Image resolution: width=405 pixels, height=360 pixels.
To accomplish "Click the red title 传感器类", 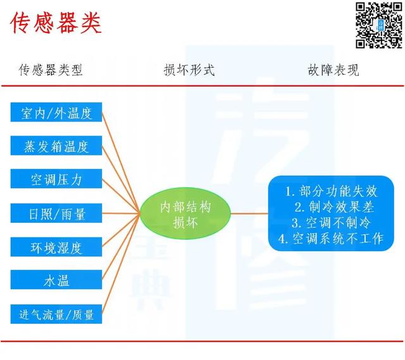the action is [56, 23].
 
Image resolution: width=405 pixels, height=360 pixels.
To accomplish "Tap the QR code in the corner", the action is [378, 25].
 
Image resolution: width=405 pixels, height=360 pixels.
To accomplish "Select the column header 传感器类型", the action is [51, 70].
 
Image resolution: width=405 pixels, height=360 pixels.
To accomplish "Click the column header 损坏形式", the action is [189, 70].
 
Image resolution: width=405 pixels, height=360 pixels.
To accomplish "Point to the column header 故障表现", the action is [333, 70].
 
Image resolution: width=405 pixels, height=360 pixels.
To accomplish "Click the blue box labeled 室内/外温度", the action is [56, 112].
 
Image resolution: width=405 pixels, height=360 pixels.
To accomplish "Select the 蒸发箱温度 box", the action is [56, 146].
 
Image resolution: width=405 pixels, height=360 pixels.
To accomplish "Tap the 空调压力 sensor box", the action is [56, 178].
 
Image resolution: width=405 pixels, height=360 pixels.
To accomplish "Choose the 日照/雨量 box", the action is [56, 213].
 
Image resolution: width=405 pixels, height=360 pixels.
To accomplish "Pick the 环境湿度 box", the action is [56, 247].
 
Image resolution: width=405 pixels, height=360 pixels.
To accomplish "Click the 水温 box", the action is [56, 280].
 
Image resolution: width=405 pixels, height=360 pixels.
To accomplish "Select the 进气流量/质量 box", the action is [56, 314].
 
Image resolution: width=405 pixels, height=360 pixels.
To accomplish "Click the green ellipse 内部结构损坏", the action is [185, 213].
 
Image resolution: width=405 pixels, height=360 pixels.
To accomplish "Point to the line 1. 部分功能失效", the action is [332, 191].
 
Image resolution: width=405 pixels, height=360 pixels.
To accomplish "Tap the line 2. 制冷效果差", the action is [334, 207].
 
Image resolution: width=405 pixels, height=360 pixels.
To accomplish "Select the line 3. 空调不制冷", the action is [332, 223].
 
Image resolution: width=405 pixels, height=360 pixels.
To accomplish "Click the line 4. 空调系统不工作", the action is [331, 239].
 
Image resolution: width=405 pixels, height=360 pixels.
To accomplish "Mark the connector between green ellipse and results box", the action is [249, 214].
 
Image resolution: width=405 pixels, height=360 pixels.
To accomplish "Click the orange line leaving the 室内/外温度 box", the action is [121, 163].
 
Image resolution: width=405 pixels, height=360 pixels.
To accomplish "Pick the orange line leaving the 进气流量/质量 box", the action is [121, 264].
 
